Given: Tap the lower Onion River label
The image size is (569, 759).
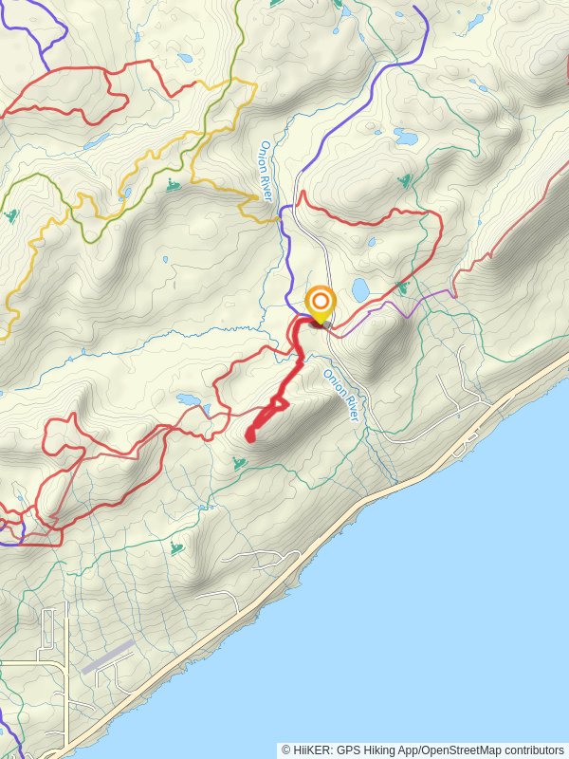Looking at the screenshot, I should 342,395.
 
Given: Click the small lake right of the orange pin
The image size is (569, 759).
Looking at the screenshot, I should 360,287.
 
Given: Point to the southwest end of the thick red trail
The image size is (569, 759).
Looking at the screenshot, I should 249,437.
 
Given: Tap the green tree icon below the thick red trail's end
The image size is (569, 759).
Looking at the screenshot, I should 238,463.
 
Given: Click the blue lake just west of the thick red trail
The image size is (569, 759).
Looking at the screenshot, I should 188,399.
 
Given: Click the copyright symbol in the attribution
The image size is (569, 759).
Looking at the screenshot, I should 285,750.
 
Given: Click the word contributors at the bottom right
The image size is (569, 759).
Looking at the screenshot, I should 534,750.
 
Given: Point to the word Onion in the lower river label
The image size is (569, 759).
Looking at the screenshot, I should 333,382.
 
